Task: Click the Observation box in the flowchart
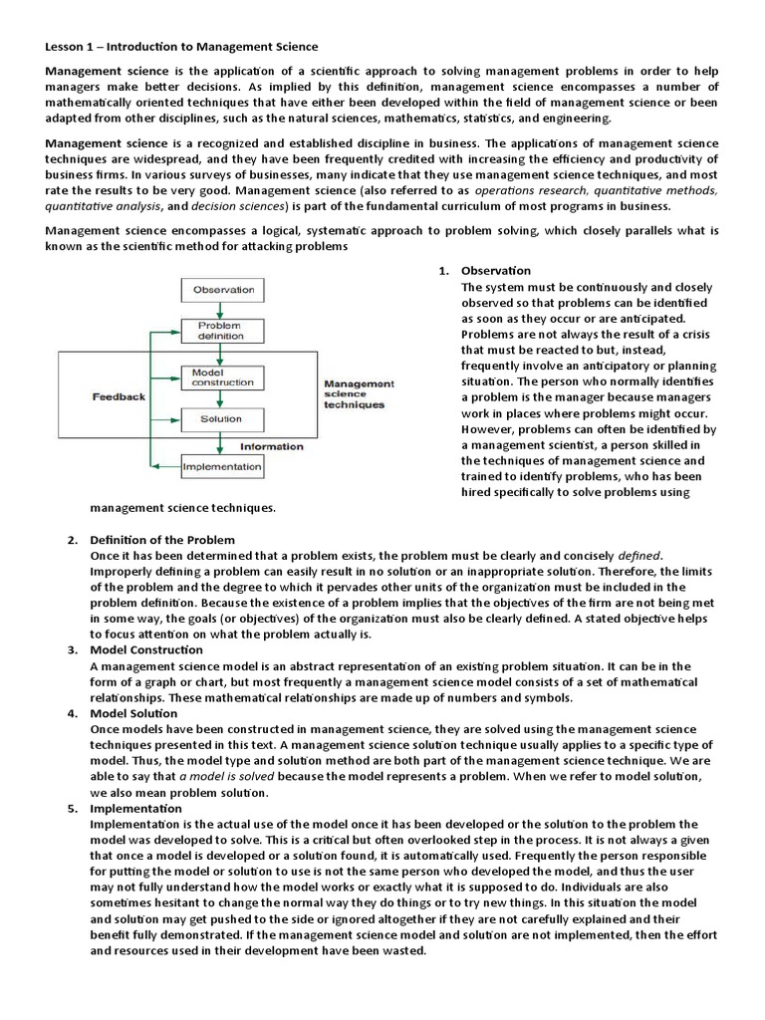[223, 290]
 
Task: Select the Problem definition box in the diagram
[220, 331]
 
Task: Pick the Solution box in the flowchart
[220, 419]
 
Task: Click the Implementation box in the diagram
[223, 464]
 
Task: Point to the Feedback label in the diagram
[119, 396]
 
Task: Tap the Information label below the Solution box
[272, 446]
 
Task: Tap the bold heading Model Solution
[133, 713]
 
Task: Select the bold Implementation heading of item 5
[135, 809]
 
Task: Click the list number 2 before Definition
[72, 540]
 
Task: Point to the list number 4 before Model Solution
[72, 713]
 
